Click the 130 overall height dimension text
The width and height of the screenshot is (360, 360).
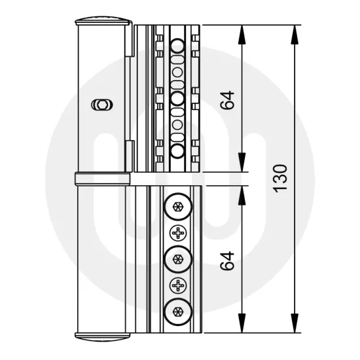pos(279,177)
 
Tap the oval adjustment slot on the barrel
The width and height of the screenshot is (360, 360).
pos(101,103)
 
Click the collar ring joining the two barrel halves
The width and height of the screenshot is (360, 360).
pos(103,178)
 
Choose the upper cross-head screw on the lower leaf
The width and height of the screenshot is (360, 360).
pos(177,233)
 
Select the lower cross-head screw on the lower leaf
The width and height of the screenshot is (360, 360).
pos(177,285)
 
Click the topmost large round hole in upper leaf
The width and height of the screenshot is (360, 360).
pos(177,45)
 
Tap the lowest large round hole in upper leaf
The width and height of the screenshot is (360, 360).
pos(177,151)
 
